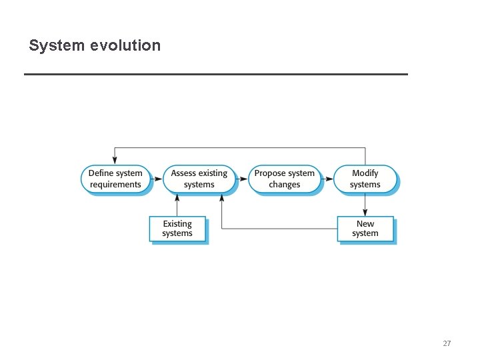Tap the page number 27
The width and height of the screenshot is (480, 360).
click(447, 344)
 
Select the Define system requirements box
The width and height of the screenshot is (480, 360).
click(115, 179)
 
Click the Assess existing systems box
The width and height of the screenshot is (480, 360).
click(199, 179)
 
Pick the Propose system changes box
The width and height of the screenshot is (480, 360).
click(284, 179)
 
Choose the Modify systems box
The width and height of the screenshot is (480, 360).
click(365, 179)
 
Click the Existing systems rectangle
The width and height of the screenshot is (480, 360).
click(177, 229)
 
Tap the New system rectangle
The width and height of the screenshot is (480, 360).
click(365, 229)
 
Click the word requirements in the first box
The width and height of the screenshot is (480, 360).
click(115, 185)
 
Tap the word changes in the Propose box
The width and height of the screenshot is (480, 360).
click(284, 185)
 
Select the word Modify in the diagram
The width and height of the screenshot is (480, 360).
click(365, 173)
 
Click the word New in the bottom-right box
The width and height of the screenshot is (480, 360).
click(365, 224)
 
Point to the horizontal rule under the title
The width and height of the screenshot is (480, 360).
click(215, 74)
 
